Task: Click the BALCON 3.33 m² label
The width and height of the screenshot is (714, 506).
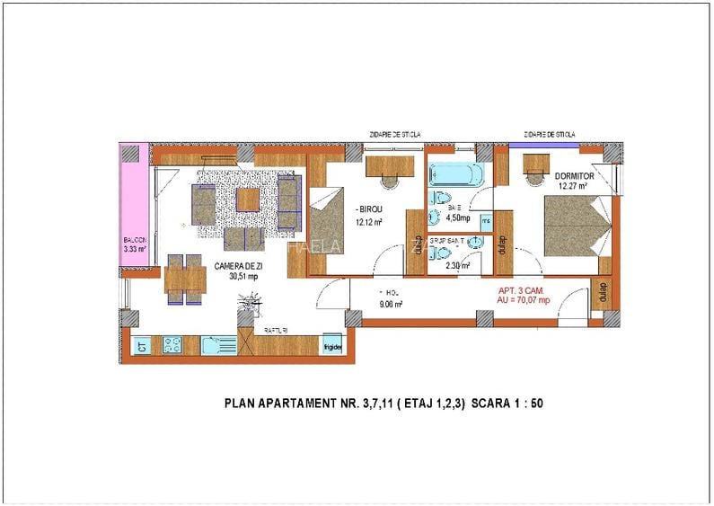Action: (134, 244)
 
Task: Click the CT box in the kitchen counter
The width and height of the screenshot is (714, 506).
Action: (142, 345)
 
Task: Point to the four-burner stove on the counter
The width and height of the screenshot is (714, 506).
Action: (172, 345)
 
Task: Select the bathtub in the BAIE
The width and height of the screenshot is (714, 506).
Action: (454, 173)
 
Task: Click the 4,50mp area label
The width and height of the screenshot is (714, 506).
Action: (459, 217)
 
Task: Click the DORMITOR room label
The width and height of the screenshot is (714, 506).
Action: (573, 175)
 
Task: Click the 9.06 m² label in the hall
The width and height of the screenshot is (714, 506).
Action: (392, 304)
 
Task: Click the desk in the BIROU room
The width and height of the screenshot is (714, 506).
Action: (389, 166)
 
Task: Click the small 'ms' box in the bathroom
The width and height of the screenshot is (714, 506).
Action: (486, 218)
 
